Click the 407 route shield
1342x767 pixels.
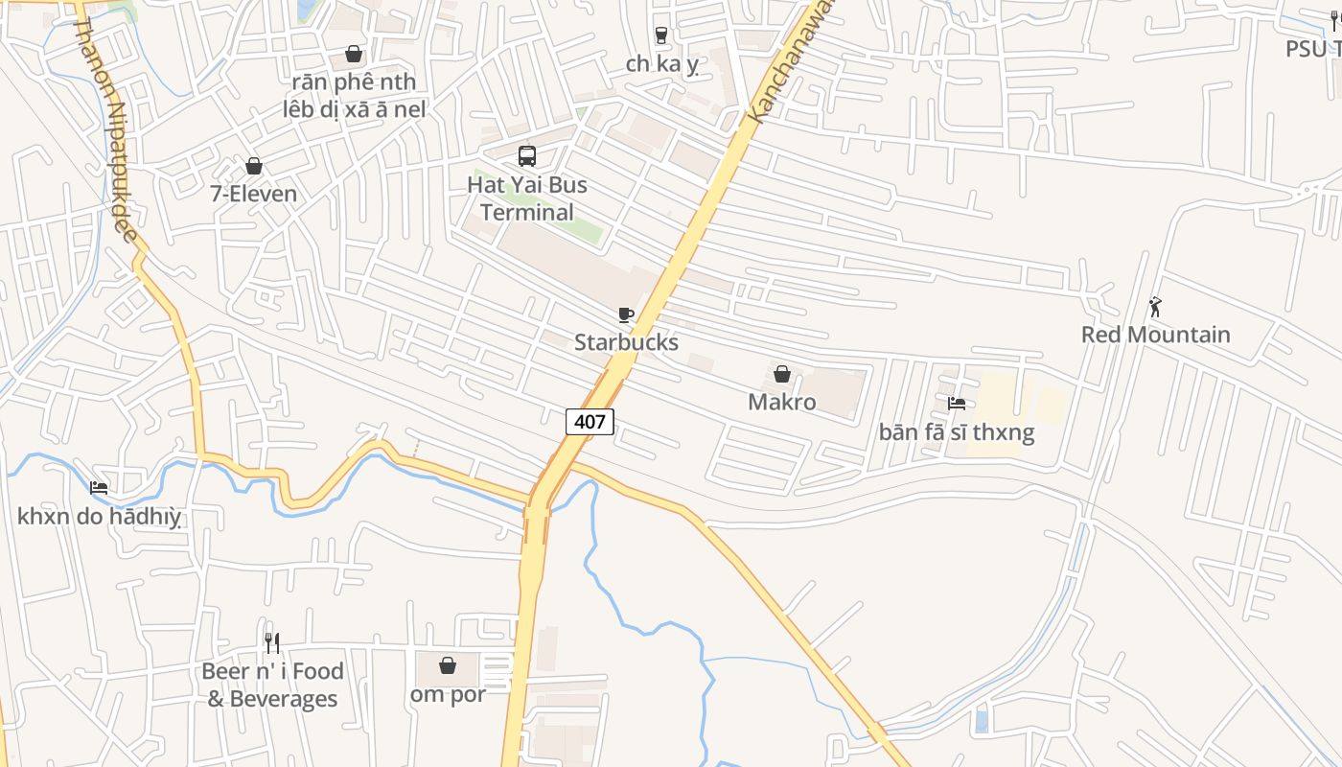(590, 421)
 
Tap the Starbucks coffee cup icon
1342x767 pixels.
(626, 314)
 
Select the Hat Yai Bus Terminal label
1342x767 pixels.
(527, 198)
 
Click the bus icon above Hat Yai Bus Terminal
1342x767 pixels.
(526, 155)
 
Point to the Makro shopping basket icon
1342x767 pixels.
(782, 374)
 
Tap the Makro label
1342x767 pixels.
(782, 402)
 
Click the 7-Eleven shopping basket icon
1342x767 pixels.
(254, 166)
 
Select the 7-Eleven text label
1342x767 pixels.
(254, 194)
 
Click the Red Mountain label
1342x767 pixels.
(1156, 335)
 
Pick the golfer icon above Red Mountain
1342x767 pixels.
(1155, 307)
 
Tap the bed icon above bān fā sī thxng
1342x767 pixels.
(957, 404)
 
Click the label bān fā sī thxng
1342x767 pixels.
(957, 432)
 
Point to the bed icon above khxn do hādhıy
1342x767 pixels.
(99, 488)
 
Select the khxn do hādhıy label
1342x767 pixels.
(99, 517)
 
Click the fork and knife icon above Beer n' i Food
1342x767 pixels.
(272, 642)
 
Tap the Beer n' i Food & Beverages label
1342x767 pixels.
(272, 685)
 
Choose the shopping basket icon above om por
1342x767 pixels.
(448, 664)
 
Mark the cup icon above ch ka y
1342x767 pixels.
(661, 35)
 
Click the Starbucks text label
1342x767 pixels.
(626, 342)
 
